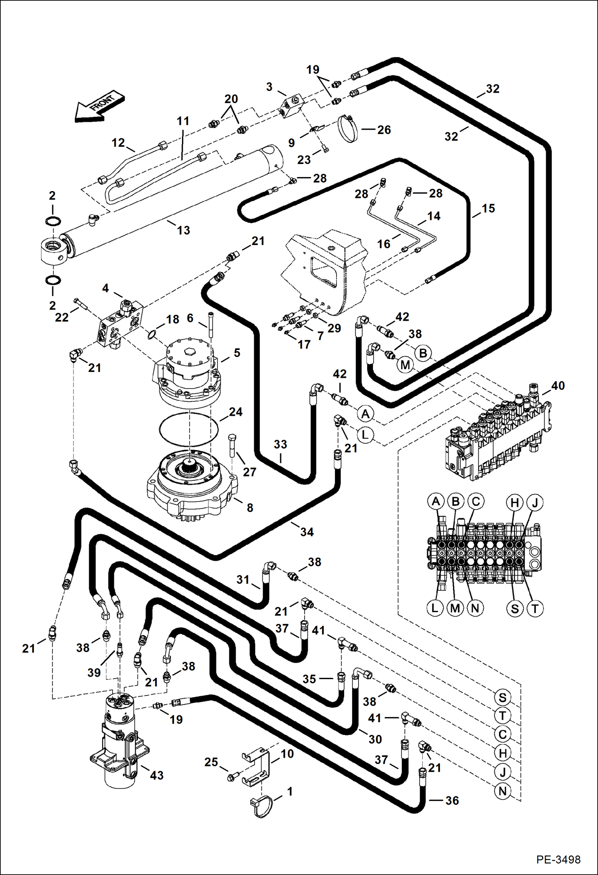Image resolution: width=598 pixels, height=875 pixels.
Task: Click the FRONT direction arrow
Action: coord(99,107)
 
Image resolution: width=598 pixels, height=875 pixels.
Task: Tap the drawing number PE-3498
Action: coord(558,859)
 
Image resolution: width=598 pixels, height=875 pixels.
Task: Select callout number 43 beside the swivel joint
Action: coord(156,775)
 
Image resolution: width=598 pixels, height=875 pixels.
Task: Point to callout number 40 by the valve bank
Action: coord(558,385)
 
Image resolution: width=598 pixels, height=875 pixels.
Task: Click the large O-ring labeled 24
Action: coord(188,430)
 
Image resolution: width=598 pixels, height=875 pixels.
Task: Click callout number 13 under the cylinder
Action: coord(183,230)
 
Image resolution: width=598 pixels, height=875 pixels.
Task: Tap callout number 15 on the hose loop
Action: coord(488,208)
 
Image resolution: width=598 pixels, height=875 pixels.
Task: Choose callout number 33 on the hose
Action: coord(280,444)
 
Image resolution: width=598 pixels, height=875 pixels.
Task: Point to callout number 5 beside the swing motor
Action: coord(237,353)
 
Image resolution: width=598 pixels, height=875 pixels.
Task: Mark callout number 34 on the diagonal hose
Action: coord(307,532)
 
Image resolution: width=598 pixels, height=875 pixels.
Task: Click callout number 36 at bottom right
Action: coord(452,800)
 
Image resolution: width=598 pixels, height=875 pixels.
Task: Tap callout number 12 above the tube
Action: coord(118,142)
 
